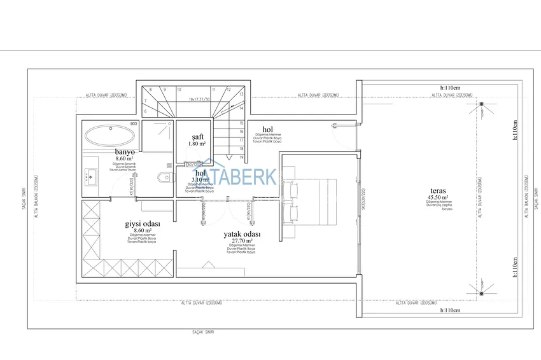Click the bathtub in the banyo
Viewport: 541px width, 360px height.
[110, 135]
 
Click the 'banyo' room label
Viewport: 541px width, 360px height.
[124, 152]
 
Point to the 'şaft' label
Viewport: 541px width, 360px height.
[197, 137]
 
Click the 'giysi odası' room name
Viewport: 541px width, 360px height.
[142, 225]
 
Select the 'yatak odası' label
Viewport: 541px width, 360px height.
[242, 234]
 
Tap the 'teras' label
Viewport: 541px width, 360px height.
[437, 190]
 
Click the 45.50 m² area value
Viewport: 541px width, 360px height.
[438, 197]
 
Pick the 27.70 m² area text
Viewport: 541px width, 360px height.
[241, 241]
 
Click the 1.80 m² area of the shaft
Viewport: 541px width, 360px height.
[197, 144]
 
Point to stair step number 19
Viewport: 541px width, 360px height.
[242, 156]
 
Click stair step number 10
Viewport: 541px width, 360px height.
[179, 90]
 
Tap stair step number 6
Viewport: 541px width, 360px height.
[146, 111]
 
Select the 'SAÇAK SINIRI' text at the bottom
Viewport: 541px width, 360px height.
[203, 332]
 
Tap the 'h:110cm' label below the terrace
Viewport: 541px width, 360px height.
[450, 310]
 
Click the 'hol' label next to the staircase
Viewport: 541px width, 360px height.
[267, 130]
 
